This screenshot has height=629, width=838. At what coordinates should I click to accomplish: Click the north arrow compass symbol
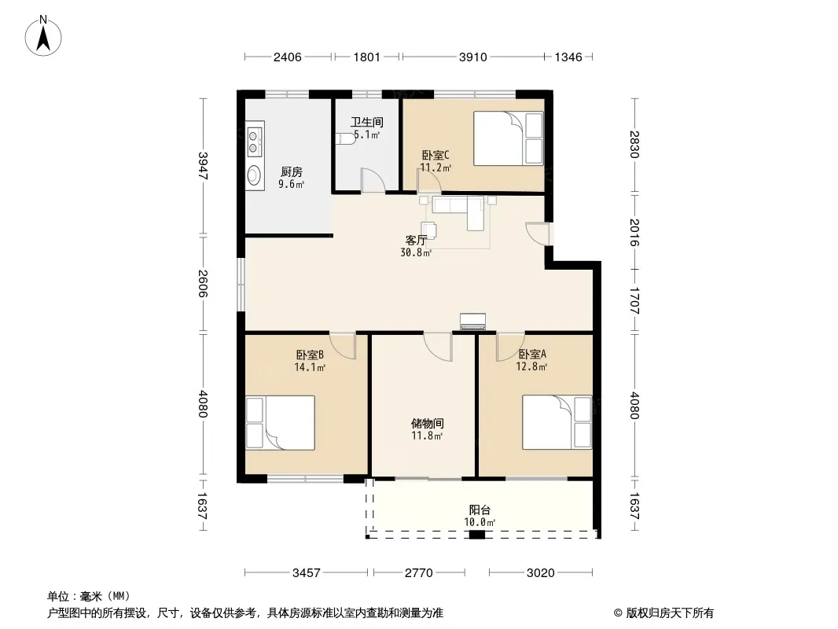(43, 35)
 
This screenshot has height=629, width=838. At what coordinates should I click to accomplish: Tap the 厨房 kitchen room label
(292, 171)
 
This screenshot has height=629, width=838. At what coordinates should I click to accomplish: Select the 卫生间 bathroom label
(366, 123)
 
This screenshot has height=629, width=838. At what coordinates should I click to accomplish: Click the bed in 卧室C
(509, 138)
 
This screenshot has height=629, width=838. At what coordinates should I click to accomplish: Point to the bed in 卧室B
(280, 422)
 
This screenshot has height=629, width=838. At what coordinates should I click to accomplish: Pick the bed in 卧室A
(557, 422)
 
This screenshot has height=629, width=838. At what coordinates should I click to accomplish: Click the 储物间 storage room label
(427, 423)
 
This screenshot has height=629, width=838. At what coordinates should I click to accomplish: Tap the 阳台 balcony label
(480, 509)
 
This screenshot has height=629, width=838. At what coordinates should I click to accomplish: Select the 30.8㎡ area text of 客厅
(416, 252)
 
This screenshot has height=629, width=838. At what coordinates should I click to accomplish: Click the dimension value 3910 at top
(473, 57)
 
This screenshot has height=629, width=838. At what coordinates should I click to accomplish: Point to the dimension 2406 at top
(288, 57)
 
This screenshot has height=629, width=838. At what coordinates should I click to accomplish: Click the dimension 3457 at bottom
(307, 573)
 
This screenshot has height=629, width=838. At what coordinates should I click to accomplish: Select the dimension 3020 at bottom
(540, 573)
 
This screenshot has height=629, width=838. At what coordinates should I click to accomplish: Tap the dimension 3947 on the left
(203, 166)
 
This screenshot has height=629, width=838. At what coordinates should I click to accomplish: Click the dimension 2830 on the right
(634, 145)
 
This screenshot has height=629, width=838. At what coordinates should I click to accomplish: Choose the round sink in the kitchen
(255, 175)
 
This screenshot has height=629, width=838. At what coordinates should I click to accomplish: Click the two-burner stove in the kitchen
(255, 140)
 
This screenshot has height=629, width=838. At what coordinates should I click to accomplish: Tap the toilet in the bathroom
(347, 138)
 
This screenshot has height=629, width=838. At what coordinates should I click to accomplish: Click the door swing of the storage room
(438, 346)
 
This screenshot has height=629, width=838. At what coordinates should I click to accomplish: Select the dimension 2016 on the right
(634, 232)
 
